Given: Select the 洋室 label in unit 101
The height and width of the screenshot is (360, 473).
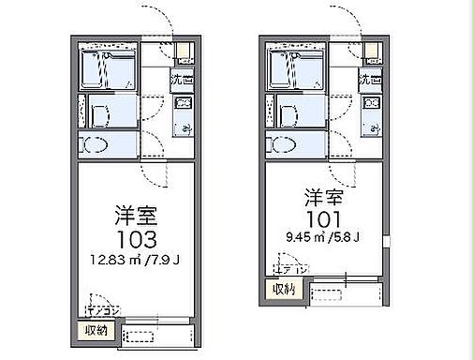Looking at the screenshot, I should pos(321,199).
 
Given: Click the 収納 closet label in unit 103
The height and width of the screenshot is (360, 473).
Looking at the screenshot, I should pos(95,330).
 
